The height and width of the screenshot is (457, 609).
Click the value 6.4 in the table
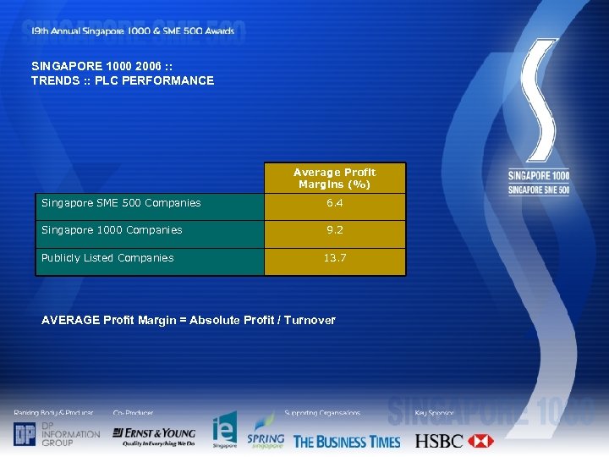(335, 203)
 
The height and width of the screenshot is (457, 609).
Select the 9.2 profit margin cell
(335, 230)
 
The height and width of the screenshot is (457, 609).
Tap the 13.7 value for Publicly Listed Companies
(335, 258)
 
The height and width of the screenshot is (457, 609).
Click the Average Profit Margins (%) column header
(335, 178)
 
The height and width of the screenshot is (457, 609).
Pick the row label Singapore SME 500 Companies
(122, 203)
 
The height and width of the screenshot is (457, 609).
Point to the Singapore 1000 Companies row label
(112, 230)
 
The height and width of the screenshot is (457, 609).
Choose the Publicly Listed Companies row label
(107, 258)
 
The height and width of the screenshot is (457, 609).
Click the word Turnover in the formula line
(310, 320)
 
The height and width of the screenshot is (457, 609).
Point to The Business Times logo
(347, 441)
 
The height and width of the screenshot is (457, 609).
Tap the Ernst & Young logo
(154, 436)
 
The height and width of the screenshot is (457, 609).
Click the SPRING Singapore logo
(266, 432)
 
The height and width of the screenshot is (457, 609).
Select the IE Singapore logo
(224, 431)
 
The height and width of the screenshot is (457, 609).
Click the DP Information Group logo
(57, 433)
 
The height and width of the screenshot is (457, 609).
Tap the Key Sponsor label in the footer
(435, 413)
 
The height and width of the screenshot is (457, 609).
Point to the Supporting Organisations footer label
(322, 413)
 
